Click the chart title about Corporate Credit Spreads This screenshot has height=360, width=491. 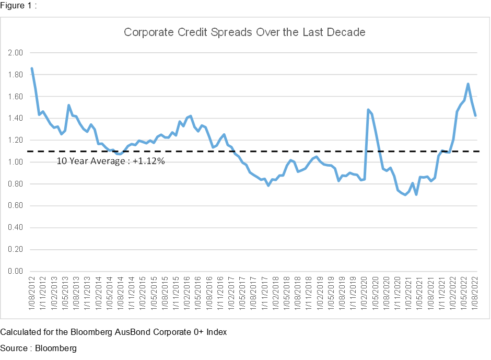pos(244,32)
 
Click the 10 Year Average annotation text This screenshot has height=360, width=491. pos(111,161)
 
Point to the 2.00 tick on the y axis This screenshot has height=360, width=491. pos(16,53)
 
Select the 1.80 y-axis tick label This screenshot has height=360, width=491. pos(16,75)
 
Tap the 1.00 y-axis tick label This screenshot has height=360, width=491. pos(16,162)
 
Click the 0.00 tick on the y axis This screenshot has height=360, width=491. pos(16,271)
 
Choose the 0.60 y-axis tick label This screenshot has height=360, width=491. pos(16,206)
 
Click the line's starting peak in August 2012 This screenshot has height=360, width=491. pos(32,68)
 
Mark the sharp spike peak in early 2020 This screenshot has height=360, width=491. pos(368,110)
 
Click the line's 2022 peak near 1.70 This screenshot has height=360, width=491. pos(468,84)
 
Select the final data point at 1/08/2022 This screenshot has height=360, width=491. pos(475,115)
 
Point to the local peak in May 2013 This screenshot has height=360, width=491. pos(69,105)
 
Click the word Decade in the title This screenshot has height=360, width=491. pos(347,32)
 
